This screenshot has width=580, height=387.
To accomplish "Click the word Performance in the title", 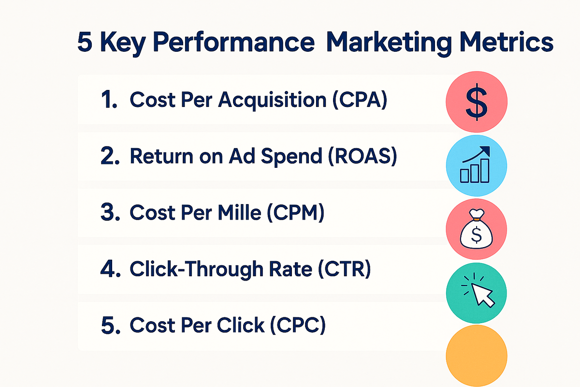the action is pyautogui.click(x=234, y=43).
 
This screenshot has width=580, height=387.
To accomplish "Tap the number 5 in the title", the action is pyautogui.click(x=85, y=42).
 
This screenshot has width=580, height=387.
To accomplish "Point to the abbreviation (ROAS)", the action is pyautogui.click(x=362, y=156).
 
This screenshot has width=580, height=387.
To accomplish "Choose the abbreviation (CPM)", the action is pyautogui.click(x=295, y=212).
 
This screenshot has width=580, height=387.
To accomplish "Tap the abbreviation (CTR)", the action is pyautogui.click(x=344, y=269).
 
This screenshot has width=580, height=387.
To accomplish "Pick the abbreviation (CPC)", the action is pyautogui.click(x=298, y=325).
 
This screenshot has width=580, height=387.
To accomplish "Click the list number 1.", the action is pyautogui.click(x=109, y=100).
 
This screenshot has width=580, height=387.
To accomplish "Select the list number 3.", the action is pyautogui.click(x=110, y=212).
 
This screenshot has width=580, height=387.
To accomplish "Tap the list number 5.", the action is pyautogui.click(x=111, y=325).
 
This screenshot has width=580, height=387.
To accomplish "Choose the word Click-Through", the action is pyautogui.click(x=196, y=270).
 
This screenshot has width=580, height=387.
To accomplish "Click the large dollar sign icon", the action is pyautogui.click(x=477, y=102).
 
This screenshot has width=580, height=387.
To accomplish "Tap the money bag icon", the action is pyautogui.click(x=477, y=229).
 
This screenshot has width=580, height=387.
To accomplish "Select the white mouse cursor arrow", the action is pyautogui.click(x=483, y=295).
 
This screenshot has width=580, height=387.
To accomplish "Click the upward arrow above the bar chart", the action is pyautogui.click(x=477, y=154).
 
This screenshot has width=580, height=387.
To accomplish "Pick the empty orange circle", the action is pyautogui.click(x=477, y=356).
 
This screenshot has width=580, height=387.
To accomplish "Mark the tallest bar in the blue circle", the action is pyautogui.click(x=485, y=171).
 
